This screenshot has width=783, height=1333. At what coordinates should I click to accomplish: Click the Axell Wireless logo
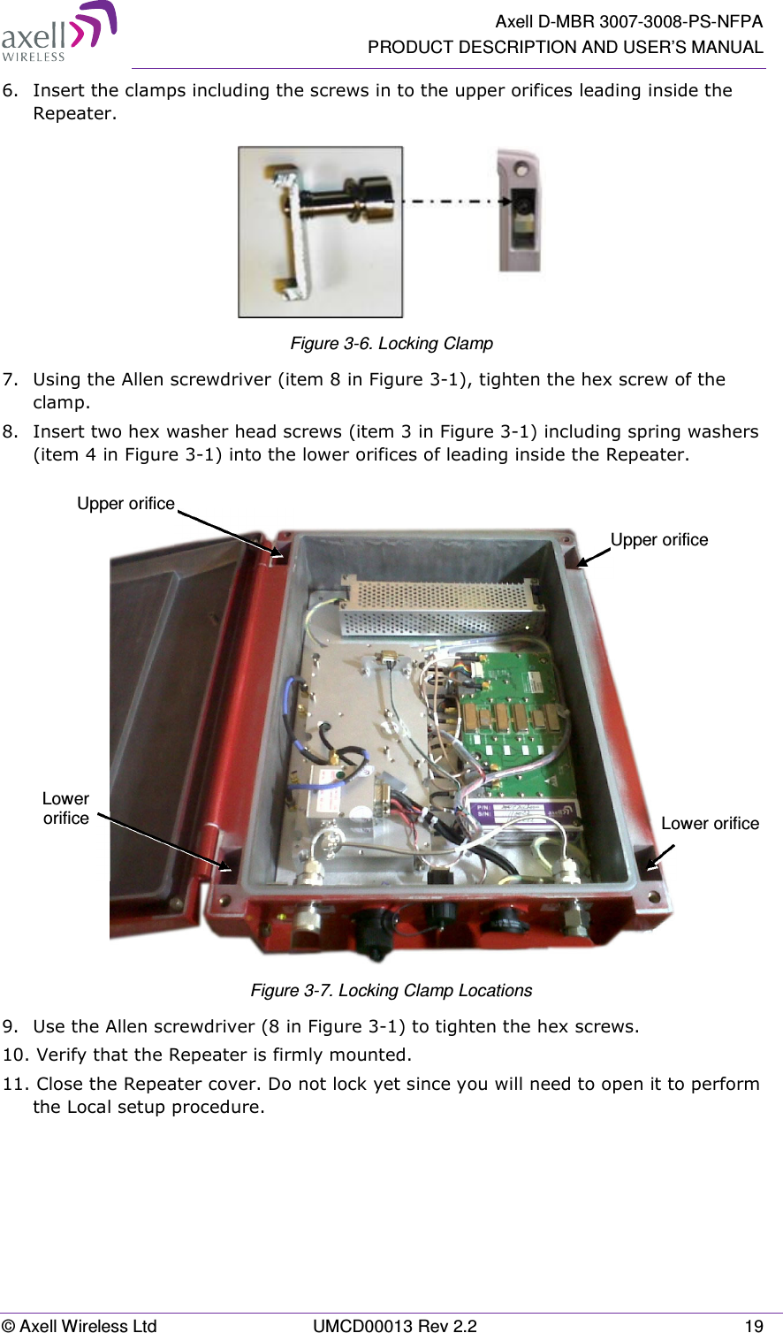[58, 33]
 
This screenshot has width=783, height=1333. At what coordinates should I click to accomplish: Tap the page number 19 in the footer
[753, 1325]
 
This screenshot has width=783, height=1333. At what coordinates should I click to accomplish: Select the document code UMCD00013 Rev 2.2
[395, 1325]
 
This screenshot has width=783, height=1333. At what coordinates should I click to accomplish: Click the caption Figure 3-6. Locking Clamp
[391, 343]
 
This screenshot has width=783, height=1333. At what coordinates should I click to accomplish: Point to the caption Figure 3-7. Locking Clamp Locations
[391, 990]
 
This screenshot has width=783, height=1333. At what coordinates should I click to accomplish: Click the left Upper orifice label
[125, 503]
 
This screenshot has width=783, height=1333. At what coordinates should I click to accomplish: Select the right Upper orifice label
[659, 539]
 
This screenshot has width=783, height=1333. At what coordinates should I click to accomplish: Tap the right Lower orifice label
[710, 823]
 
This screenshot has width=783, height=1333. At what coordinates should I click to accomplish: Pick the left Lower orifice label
[66, 808]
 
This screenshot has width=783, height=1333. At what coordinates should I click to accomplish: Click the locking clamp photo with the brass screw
[320, 232]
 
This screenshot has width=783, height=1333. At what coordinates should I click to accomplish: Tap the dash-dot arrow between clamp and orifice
[451, 202]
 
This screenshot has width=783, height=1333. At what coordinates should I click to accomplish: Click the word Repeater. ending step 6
[74, 113]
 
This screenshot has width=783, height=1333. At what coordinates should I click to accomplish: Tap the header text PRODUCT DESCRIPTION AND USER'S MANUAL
[565, 47]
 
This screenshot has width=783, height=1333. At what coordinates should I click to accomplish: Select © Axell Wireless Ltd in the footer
[79, 1325]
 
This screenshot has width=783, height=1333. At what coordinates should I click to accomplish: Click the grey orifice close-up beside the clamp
[521, 212]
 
